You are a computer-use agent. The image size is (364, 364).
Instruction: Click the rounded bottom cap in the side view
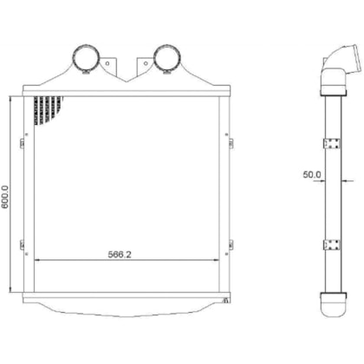click(x=335, y=307)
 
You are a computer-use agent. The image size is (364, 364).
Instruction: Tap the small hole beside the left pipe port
click(x=107, y=62)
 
